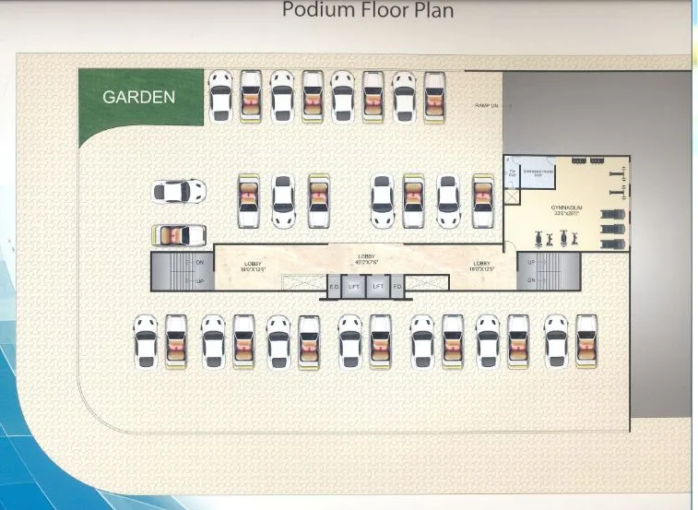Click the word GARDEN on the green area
point(138,96)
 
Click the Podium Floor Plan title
point(367,11)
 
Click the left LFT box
point(353,287)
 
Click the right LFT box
point(377,287)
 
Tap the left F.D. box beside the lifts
point(334,287)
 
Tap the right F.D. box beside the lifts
point(397,287)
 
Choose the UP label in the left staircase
point(200,279)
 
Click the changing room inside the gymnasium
point(538,172)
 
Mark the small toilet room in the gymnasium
point(512,172)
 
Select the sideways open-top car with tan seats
point(180,235)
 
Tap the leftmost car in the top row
point(219,96)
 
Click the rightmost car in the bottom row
point(586,341)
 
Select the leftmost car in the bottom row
point(146,341)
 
